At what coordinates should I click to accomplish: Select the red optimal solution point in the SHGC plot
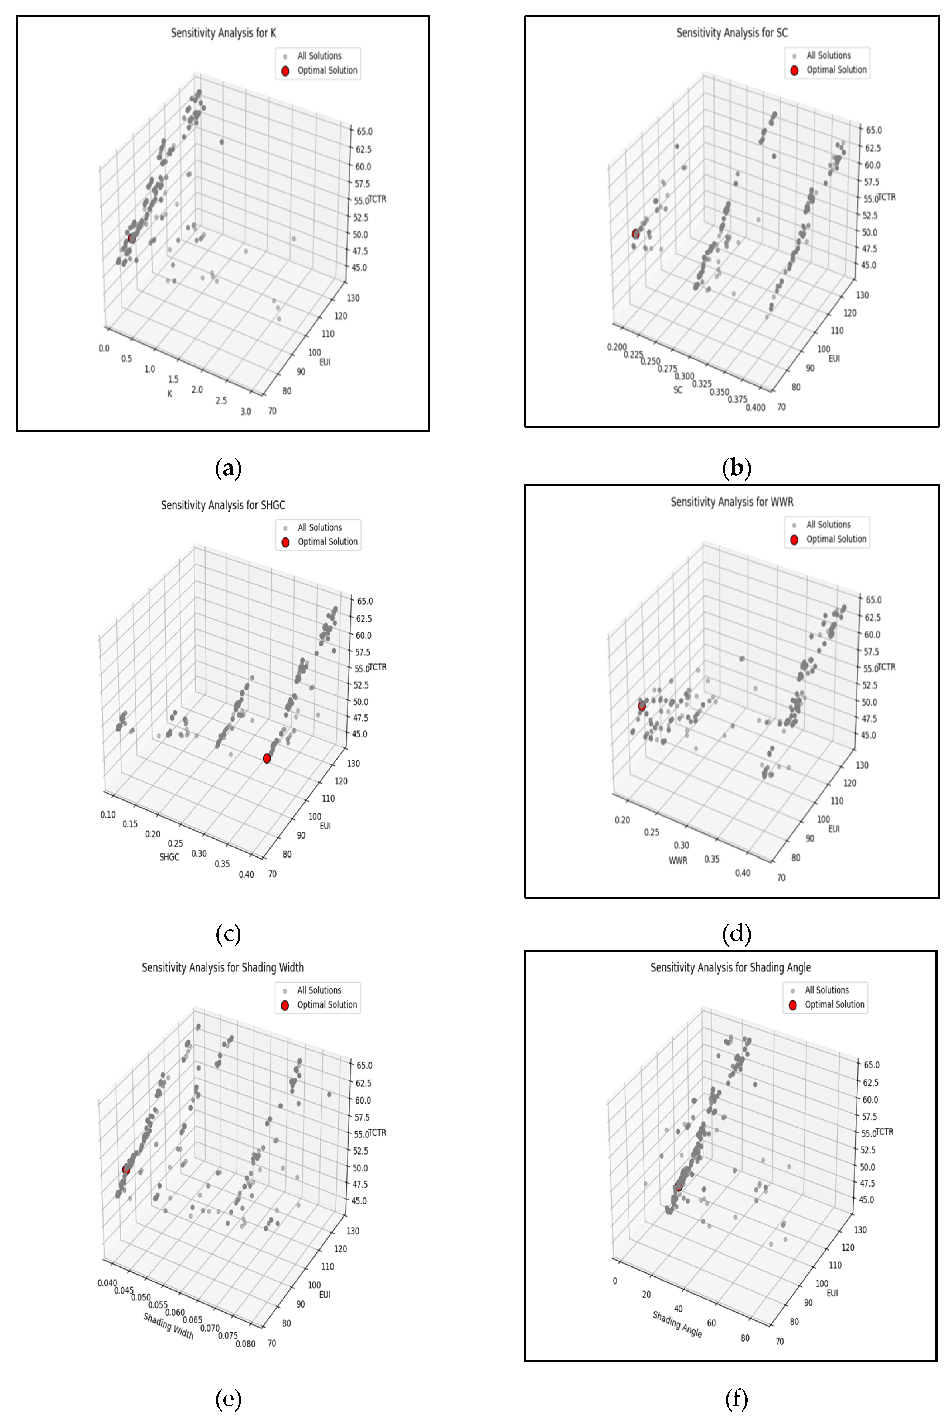click(x=267, y=758)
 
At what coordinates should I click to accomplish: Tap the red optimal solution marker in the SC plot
click(x=635, y=234)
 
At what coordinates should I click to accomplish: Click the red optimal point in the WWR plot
click(x=642, y=706)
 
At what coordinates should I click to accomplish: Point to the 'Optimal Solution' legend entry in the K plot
click(x=327, y=70)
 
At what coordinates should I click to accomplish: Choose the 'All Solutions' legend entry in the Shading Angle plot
click(x=826, y=990)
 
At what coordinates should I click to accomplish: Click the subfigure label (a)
click(x=228, y=469)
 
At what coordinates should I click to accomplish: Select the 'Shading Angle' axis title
click(x=677, y=1324)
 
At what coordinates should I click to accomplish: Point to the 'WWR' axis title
click(x=678, y=861)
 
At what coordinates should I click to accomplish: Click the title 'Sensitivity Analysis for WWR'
click(x=732, y=502)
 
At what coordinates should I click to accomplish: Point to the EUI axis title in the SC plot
click(x=834, y=358)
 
